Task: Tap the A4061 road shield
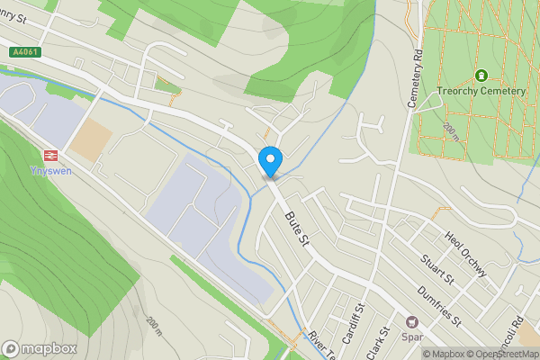click(26, 53)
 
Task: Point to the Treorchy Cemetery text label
click(481, 91)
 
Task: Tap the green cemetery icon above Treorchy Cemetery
click(481, 76)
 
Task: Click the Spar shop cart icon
click(413, 322)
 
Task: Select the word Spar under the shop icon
click(413, 337)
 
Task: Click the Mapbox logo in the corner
click(38, 348)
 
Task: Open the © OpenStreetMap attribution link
click(499, 354)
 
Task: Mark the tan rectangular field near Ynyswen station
click(91, 141)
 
